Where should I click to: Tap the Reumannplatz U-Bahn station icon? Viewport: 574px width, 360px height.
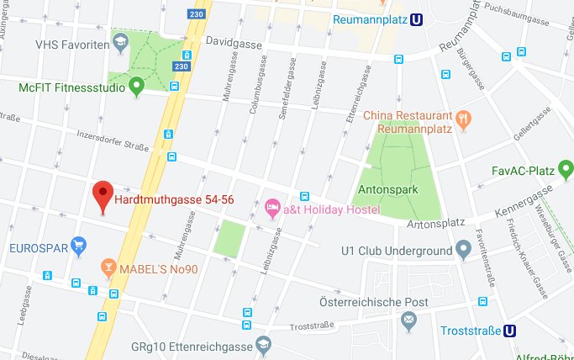coord(415,19)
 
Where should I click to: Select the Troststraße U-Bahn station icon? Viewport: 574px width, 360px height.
coord(510,331)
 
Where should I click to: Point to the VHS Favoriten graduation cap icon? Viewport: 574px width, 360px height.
coord(120,41)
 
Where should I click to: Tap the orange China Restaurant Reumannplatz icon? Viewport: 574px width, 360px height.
coord(462,119)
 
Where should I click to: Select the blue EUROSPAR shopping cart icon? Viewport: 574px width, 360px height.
coord(79,246)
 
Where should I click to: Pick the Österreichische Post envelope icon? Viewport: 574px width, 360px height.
coord(408,319)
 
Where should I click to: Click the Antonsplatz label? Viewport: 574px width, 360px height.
coord(435,224)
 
